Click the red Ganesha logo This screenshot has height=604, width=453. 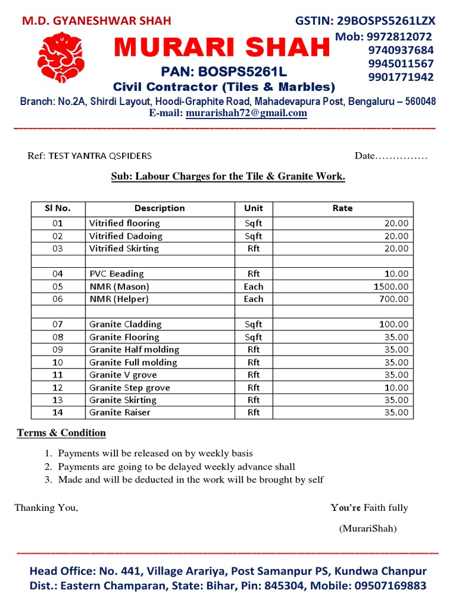pos(60,57)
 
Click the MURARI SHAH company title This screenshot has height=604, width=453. pos(222,48)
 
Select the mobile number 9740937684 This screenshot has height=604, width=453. pos(401,50)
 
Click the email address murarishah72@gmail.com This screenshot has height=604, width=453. pos(246,113)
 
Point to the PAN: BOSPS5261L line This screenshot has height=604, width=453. pos(224,73)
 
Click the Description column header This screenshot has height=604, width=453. pos(159,208)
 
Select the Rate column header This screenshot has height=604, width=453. pos(342,208)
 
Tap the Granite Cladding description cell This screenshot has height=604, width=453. pos(125,324)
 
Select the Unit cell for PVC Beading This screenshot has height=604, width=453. pos(254,274)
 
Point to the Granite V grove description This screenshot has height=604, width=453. pos(123,375)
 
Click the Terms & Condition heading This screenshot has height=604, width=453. pos(61,433)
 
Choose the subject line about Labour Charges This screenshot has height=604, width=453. pos(228,176)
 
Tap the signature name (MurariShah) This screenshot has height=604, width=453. pos(367,528)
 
